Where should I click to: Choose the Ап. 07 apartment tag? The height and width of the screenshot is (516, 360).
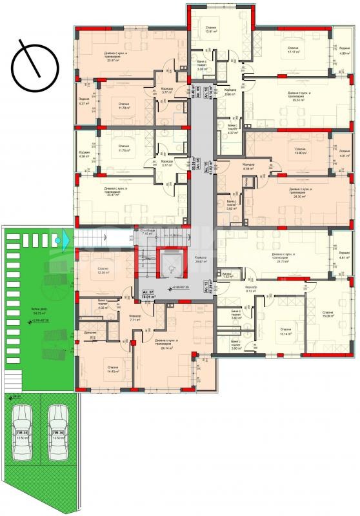pos(150,295)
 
